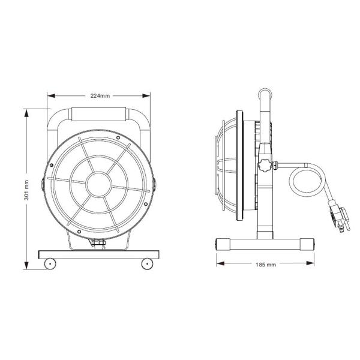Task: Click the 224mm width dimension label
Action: click(x=99, y=95)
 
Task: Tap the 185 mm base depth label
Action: click(x=265, y=264)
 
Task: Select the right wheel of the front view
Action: click(x=146, y=263)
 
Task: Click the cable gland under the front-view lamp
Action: click(x=98, y=244)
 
